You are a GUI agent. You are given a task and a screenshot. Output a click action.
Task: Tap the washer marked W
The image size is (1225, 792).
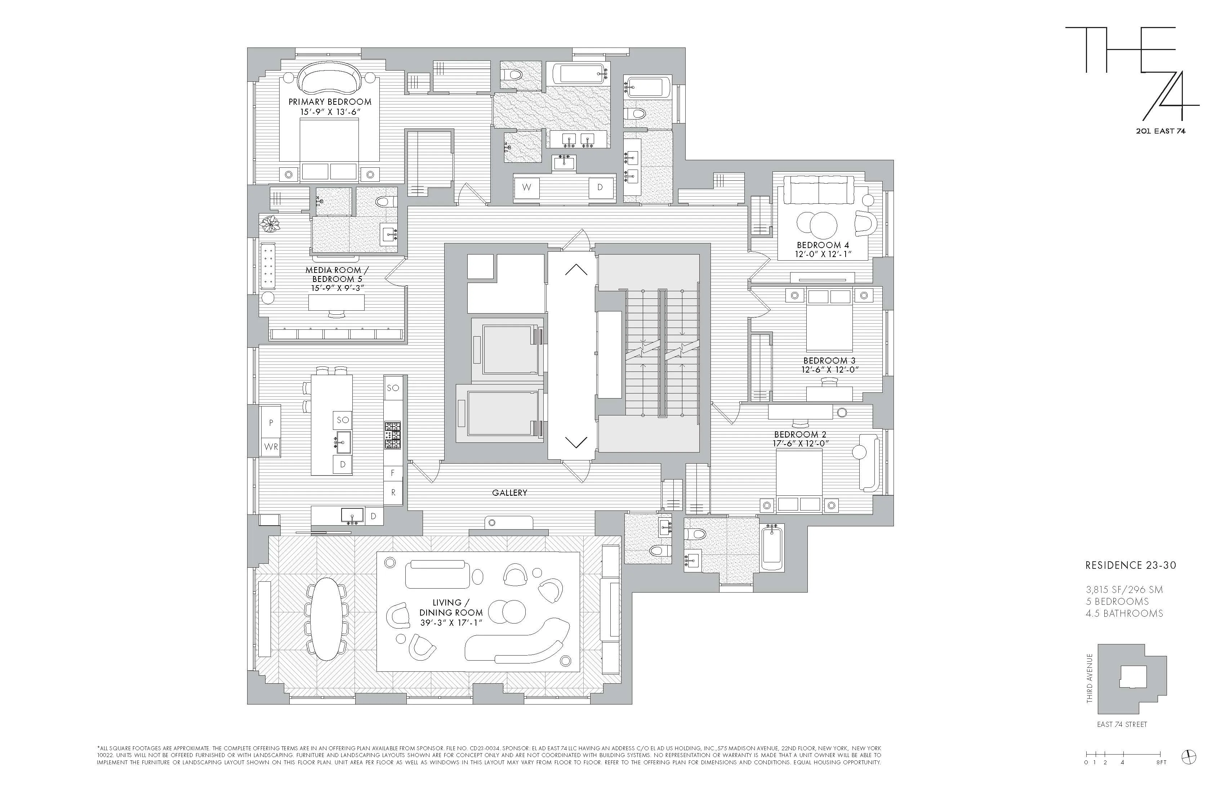tap(526, 187)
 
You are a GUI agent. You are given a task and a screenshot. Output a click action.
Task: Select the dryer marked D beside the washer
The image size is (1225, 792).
tap(600, 187)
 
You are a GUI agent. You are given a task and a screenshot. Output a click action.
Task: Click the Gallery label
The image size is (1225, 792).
tap(509, 493)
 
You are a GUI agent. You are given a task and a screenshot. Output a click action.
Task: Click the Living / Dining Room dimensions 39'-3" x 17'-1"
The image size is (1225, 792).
tap(451, 623)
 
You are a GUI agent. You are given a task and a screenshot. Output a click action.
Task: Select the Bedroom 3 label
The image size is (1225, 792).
tap(829, 360)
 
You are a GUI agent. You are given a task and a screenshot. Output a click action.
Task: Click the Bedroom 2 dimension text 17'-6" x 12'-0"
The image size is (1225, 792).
tap(800, 443)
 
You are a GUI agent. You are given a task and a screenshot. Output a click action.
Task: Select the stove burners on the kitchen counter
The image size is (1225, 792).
tap(393, 435)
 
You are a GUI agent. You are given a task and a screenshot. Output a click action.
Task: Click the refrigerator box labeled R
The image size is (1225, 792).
tap(393, 493)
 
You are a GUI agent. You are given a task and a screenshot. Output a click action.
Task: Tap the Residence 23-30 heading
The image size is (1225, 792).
tap(1130, 565)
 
